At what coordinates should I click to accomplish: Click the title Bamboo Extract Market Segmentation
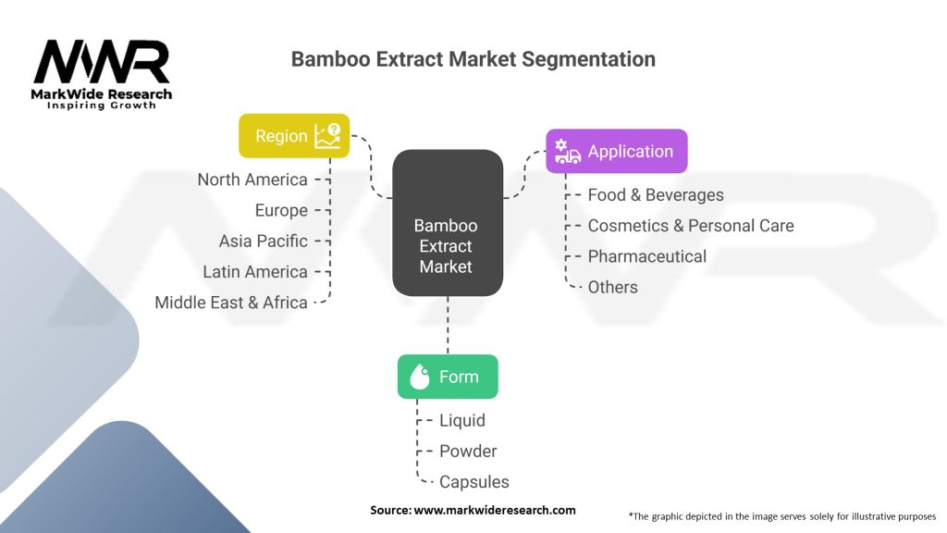(473, 59)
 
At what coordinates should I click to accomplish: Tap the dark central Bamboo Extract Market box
(448, 246)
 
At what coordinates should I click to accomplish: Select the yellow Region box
(294, 136)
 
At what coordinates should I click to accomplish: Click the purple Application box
(617, 151)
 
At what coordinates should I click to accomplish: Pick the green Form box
(448, 377)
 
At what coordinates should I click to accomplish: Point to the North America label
(252, 180)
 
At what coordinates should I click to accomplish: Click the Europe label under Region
(281, 210)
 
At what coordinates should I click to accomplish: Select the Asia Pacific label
(263, 241)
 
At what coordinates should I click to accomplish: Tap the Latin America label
(255, 271)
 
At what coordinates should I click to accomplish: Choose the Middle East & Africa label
(231, 302)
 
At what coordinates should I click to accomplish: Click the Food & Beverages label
(656, 194)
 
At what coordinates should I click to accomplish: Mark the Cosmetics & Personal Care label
(691, 225)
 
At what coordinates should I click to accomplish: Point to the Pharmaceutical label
(646, 256)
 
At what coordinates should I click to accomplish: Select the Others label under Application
(612, 287)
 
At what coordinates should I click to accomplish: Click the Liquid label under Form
(461, 420)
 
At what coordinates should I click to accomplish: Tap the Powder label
(468, 451)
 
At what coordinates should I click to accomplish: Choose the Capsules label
(473, 481)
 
